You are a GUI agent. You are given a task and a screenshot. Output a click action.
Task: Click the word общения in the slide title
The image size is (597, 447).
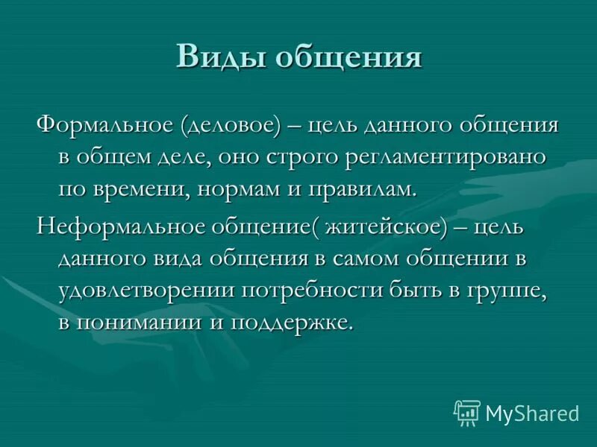(x=349, y=57)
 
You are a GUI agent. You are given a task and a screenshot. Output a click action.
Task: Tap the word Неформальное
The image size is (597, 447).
(x=117, y=226)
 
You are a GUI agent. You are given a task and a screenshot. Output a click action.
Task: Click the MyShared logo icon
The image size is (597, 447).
(x=467, y=412)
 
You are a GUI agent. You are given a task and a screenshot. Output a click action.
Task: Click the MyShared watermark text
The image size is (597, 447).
(x=532, y=413)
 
